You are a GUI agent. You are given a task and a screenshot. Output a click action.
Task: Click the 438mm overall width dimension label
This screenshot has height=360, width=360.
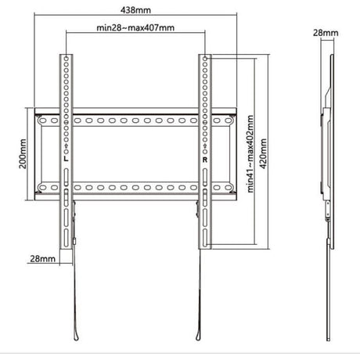click(x=135, y=10)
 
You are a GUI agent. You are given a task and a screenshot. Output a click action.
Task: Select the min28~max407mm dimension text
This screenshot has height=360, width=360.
click(x=135, y=27)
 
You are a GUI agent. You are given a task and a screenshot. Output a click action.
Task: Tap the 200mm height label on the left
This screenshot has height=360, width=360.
click(x=23, y=154)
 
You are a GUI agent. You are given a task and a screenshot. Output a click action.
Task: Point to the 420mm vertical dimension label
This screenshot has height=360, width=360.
click(x=263, y=153)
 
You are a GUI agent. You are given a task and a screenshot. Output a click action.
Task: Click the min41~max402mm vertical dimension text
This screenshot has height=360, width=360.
click(x=250, y=154)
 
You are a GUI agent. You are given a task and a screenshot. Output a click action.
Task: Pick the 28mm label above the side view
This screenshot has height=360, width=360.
click(x=326, y=33)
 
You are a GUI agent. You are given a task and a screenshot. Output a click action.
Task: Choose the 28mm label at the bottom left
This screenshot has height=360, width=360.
click(x=42, y=259)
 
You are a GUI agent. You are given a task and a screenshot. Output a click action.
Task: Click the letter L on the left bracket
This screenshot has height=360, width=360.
click(x=66, y=158)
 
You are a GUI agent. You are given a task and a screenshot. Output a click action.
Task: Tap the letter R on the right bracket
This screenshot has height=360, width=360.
click(x=205, y=160)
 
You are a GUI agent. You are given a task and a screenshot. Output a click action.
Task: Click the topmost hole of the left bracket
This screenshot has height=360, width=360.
click(x=67, y=59)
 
